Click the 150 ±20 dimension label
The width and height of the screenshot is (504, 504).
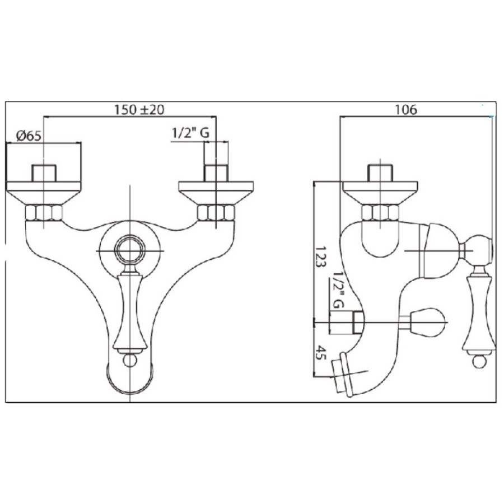pyautogui.click(x=139, y=110)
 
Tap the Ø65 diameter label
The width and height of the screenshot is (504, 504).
pyautogui.click(x=29, y=136)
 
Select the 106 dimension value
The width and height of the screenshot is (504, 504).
pyautogui.click(x=405, y=110)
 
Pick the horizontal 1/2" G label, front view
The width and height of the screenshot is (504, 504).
pyautogui.click(x=190, y=133)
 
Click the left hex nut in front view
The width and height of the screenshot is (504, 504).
pyautogui.click(x=43, y=213)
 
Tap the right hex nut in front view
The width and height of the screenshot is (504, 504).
pyautogui.click(x=216, y=213)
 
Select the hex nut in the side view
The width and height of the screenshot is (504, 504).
pyautogui.click(x=380, y=213)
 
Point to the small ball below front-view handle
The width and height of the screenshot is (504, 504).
pyautogui.click(x=130, y=360)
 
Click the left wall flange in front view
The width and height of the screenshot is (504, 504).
pyautogui.click(x=43, y=193)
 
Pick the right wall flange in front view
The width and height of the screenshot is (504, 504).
pyautogui.click(x=216, y=193)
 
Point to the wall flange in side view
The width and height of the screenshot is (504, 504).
pyautogui.click(x=380, y=193)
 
